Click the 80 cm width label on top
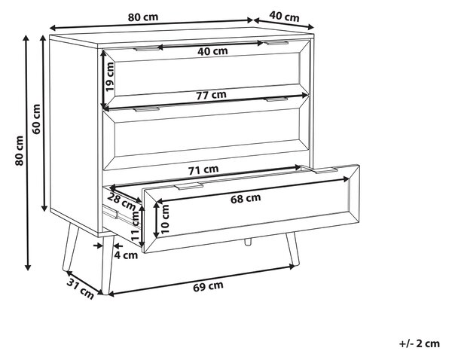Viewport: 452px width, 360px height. [x=143, y=17]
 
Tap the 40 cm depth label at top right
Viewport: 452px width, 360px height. [x=284, y=17]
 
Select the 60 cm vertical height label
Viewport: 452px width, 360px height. [x=36, y=119]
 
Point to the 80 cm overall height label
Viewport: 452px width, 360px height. [x=19, y=151]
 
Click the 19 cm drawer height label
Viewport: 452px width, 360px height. [x=109, y=77]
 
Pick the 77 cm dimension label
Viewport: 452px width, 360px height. [x=211, y=95]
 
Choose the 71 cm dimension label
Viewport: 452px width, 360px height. [x=203, y=169]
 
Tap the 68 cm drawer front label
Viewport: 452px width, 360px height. [x=246, y=198]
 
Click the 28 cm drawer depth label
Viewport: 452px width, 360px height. [x=121, y=202]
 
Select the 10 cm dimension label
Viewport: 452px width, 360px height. [x=165, y=219]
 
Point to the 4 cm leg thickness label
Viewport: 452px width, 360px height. [x=126, y=255]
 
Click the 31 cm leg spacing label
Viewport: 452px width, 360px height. [x=81, y=289]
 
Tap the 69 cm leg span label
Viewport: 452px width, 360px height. [x=208, y=286]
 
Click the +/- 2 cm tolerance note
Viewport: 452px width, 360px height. [x=420, y=343]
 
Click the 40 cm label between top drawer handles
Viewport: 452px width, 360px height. [x=212, y=51]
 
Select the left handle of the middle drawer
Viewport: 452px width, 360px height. [x=147, y=109]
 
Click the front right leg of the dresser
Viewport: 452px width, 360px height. [x=292, y=249]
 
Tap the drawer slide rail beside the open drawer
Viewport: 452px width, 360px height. [x=111, y=212]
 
